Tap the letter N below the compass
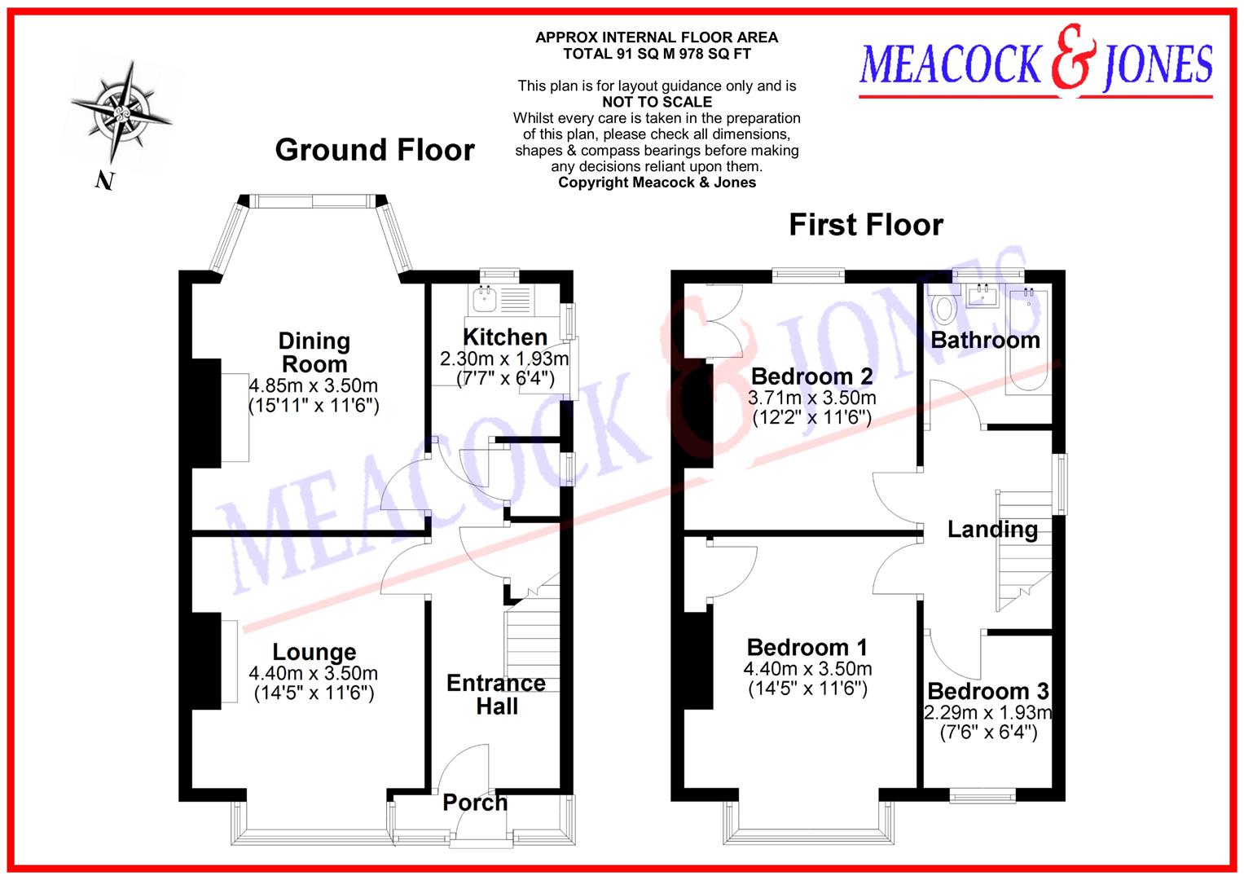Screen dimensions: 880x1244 pos(103,181)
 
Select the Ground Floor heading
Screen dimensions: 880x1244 pos(375,150)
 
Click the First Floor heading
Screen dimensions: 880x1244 pos(866,224)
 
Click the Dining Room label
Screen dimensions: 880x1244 pos(314,352)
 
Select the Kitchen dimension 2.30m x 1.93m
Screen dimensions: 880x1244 pos(504,359)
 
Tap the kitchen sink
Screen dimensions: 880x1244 pos(486,299)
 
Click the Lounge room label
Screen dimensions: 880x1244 pos(314,652)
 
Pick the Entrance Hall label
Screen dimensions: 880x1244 pos(496,694)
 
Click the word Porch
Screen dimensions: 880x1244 pos(475,803)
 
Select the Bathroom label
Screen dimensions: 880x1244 pos(985,340)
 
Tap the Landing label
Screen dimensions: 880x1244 pos(992,530)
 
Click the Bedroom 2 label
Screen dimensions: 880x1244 pos(811,376)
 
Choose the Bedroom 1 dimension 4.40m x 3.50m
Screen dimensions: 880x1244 pos(807,669)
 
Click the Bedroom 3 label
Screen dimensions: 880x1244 pos(987,692)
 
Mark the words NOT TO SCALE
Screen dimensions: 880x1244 pos(657,102)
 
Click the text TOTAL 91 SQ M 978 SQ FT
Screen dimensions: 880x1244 pos(657,54)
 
